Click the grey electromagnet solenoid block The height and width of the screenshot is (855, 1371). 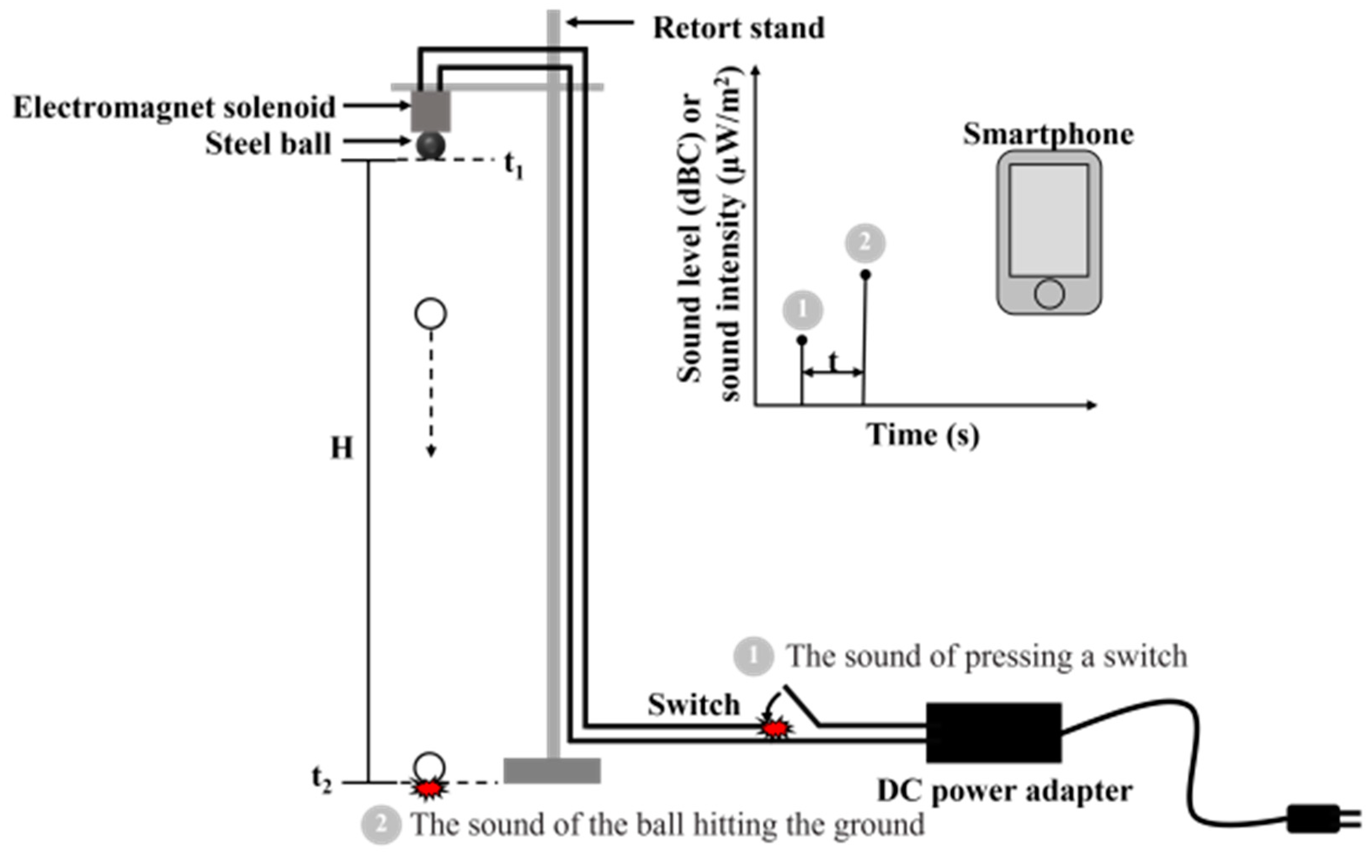coord(430,111)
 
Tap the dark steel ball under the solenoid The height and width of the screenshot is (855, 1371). coord(430,146)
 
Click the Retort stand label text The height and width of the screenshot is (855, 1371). coord(739,28)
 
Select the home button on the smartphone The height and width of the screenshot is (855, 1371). coord(1049,294)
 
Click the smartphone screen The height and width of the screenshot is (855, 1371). coord(1049,220)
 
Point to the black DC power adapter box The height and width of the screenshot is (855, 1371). coord(993,733)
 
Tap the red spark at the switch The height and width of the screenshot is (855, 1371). coord(775,728)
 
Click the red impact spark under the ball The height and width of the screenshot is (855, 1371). coord(429,788)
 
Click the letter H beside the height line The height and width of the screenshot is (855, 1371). coord(342,449)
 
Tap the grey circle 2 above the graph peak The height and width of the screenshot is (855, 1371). coord(865,243)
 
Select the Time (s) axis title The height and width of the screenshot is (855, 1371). coord(923,435)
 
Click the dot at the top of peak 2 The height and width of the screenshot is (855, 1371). coord(865,275)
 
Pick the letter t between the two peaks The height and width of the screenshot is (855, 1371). coord(833,361)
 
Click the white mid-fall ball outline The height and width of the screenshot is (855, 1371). coord(430,314)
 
